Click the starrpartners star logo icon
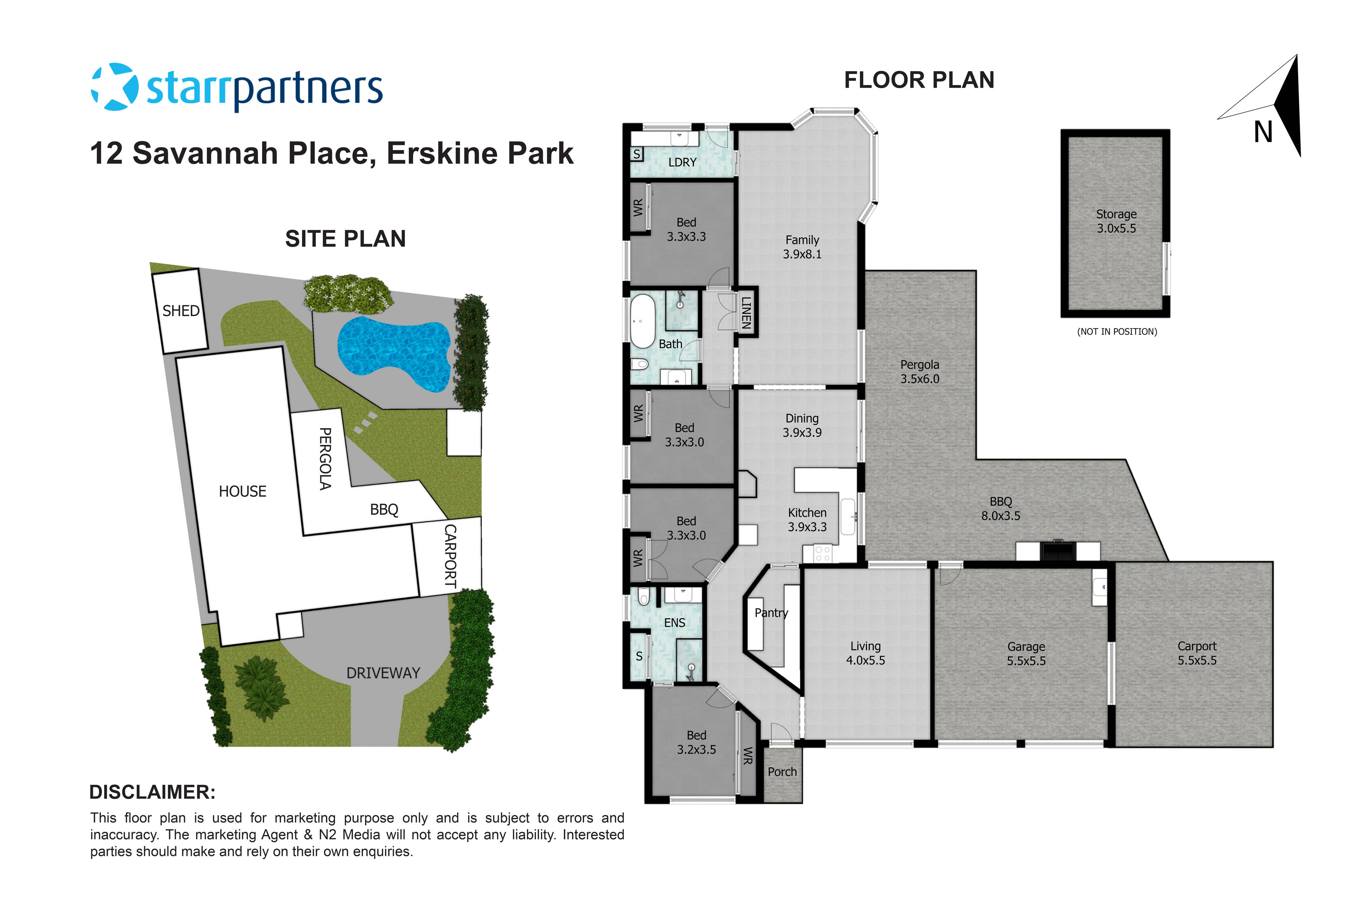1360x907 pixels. click(x=115, y=87)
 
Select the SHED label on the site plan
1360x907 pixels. click(x=181, y=311)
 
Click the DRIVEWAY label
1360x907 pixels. click(x=383, y=673)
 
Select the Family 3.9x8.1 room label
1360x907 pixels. click(x=802, y=247)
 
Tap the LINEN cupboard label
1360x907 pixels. click(x=747, y=312)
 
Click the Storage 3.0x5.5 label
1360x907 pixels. click(x=1116, y=221)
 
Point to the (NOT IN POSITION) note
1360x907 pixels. click(x=1117, y=332)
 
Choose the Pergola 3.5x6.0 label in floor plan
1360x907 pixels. click(x=919, y=371)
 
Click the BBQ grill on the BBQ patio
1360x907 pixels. click(x=1058, y=550)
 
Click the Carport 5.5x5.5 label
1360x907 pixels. click(x=1196, y=653)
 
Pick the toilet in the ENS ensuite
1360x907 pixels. click(x=643, y=597)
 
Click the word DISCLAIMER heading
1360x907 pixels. click(x=152, y=792)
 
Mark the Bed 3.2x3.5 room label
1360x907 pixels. click(x=696, y=742)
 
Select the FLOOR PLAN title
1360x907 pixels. click(x=919, y=80)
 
